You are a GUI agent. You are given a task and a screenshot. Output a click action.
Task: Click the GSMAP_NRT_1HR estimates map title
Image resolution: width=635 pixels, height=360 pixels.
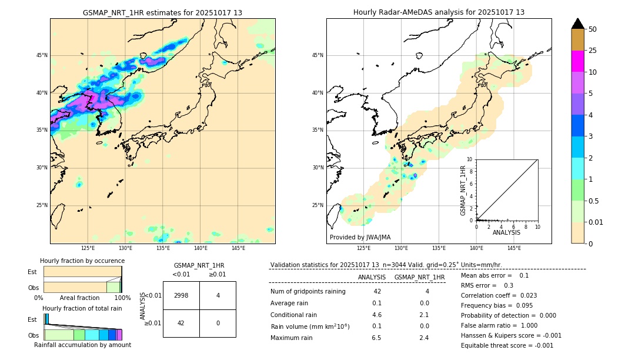(162, 12)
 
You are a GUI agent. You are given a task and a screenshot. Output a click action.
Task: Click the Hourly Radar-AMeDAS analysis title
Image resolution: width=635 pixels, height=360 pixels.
(439, 12)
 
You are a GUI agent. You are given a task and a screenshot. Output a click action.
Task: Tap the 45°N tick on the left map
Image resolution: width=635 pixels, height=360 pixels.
(42, 55)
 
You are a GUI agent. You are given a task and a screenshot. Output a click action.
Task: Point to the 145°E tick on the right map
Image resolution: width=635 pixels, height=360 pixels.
(514, 248)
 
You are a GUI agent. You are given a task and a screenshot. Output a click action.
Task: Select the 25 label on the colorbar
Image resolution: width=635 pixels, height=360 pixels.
(593, 51)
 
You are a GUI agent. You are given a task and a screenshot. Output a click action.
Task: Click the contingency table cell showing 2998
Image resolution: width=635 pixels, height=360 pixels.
(181, 295)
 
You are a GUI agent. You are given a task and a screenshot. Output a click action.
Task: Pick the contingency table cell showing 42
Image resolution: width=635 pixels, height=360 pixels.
(181, 323)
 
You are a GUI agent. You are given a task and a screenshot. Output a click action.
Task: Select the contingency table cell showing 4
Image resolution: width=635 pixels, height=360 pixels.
(218, 295)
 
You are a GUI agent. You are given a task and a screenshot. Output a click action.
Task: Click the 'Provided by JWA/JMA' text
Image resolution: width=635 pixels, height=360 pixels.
(360, 237)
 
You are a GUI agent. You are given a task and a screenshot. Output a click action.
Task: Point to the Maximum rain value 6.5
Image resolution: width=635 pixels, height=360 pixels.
(376, 338)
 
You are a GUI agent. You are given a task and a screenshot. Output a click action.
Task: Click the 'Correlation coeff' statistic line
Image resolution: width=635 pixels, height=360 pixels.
(499, 295)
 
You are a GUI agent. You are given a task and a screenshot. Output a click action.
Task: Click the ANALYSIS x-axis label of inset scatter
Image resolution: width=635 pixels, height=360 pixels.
(506, 232)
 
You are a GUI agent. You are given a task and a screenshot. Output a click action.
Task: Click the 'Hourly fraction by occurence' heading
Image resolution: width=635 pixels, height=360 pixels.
(82, 261)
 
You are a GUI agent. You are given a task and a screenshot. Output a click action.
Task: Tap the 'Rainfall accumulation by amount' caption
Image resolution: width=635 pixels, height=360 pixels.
(82, 345)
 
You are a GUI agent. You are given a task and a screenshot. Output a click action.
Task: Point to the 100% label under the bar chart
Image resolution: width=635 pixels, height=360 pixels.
(122, 298)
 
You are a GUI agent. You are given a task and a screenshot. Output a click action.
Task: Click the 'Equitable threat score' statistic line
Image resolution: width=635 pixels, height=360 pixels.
(507, 345)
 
